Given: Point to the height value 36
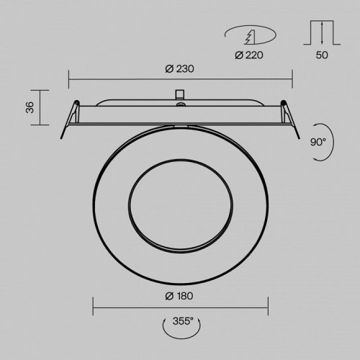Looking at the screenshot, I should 30,108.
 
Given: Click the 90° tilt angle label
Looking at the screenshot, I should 318,142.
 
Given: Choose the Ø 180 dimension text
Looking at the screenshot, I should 180,296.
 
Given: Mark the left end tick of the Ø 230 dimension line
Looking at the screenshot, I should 68,78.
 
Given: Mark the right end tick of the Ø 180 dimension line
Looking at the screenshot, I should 268,307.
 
